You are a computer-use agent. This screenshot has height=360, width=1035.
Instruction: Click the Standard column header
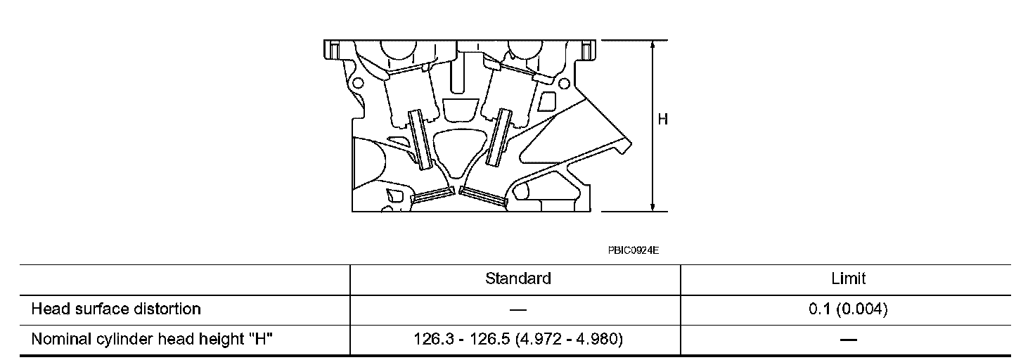tap(518, 278)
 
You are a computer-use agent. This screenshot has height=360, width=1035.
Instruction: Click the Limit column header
tap(848, 278)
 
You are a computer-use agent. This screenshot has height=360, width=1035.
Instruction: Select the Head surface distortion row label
tap(116, 309)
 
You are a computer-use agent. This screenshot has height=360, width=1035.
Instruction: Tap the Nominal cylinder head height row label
tap(152, 339)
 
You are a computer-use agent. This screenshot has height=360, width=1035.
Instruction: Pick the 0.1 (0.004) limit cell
tap(848, 309)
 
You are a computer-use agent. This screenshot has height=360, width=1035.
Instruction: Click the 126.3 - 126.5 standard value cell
tap(518, 339)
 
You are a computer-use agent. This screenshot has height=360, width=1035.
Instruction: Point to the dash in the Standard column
tap(518, 309)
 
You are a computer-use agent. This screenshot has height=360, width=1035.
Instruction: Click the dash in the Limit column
tap(848, 340)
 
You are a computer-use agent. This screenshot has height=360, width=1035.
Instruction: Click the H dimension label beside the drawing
tap(662, 120)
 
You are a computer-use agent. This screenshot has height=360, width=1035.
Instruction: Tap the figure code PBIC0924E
tap(634, 250)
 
